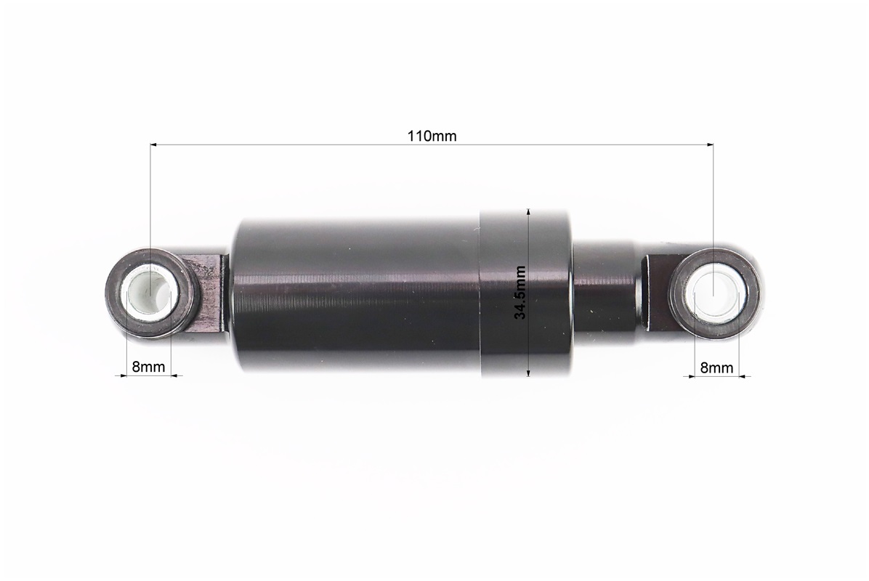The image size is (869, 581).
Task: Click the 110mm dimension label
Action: coord(432,136)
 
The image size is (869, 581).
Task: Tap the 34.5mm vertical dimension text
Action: coord(520,293)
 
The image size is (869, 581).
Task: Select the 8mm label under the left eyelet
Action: coord(148,367)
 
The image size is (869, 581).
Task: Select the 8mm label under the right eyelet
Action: coord(716,367)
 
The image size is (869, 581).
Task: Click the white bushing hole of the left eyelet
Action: coord(150,293)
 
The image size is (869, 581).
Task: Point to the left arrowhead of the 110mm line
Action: coord(153,145)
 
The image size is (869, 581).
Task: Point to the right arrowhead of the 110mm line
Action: coord(710,145)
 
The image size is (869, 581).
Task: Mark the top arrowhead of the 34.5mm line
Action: coord(528,213)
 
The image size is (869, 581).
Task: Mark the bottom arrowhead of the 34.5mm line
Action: coord(528,373)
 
